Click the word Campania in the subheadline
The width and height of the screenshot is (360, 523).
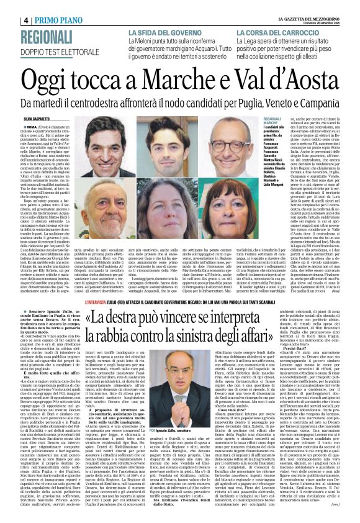(318, 99)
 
